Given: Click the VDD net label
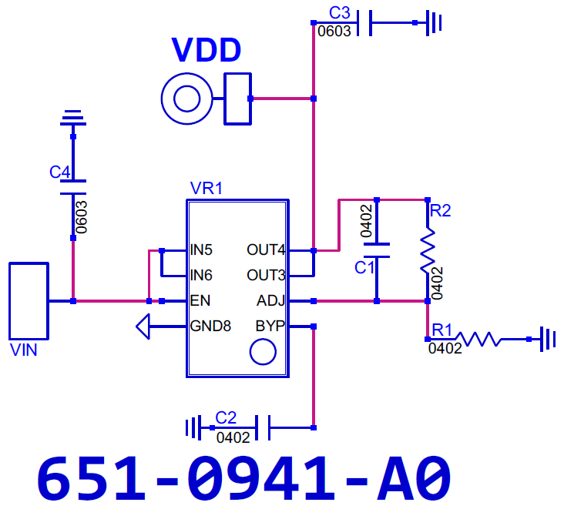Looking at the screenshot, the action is (206, 49).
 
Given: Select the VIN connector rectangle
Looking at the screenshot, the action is (29, 301).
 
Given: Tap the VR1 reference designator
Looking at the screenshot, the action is (206, 189).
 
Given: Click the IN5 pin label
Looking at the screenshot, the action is (201, 249).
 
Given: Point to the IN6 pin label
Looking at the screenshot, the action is (201, 276).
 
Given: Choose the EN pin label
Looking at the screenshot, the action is (200, 301).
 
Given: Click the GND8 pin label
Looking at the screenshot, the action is (210, 326).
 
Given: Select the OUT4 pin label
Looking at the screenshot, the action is (266, 249).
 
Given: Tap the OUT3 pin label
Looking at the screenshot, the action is (266, 276).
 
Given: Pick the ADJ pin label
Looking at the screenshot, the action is (270, 301).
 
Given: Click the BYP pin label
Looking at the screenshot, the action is (270, 326).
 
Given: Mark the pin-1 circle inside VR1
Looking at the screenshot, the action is (263, 352).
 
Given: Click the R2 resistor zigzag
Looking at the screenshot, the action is (428, 250).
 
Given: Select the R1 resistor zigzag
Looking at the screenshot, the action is (478, 339).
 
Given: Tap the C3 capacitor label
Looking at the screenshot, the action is (340, 13).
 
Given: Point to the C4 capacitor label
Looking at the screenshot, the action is (59, 172).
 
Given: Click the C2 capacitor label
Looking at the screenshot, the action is (226, 418).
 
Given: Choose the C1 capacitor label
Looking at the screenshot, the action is (364, 268).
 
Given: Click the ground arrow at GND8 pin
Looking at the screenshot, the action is (143, 326).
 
